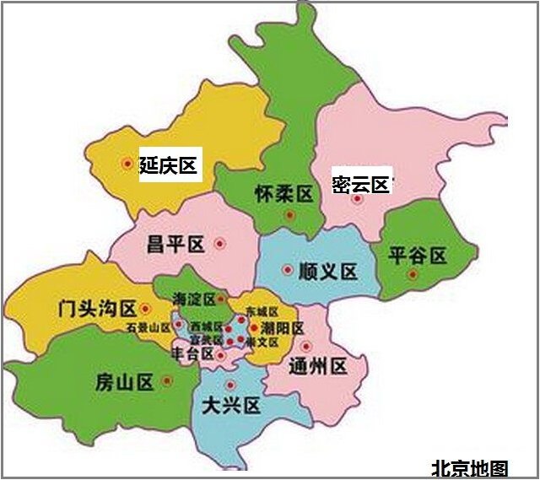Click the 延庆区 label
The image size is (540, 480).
168,165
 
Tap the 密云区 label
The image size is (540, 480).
360,185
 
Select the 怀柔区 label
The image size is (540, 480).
283,195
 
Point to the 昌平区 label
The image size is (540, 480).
175,245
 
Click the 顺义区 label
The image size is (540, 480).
328,272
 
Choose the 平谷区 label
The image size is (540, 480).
417,256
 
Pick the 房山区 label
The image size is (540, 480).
124,382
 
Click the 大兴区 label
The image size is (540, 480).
231,406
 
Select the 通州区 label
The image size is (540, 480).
318,366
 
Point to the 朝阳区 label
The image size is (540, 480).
281,327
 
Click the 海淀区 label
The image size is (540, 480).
193,299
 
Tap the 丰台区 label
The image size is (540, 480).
192,353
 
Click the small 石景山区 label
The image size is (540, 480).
148,327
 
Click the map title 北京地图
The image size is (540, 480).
470,467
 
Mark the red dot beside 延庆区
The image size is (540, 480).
127,163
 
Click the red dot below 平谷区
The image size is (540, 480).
413,274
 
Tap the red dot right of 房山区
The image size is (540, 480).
167,380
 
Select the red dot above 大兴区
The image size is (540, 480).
230,386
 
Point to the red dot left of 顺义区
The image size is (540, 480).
288,271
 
